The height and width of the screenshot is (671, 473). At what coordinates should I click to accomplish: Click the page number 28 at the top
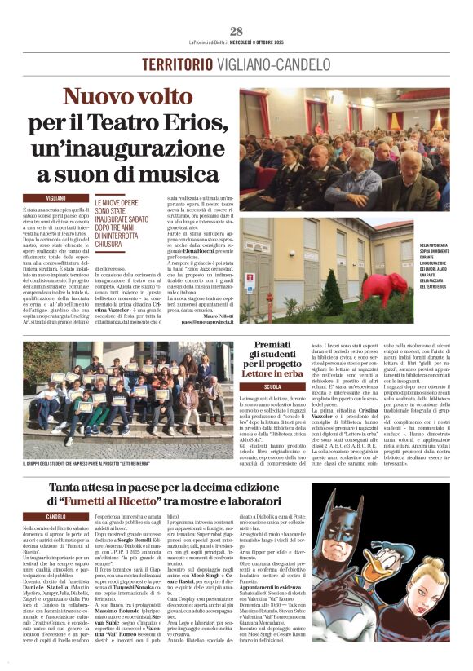point(236,32)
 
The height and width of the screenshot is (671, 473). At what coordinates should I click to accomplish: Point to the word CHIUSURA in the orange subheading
point(119,242)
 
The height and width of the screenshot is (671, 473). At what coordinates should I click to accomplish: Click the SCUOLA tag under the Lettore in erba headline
point(272,386)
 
